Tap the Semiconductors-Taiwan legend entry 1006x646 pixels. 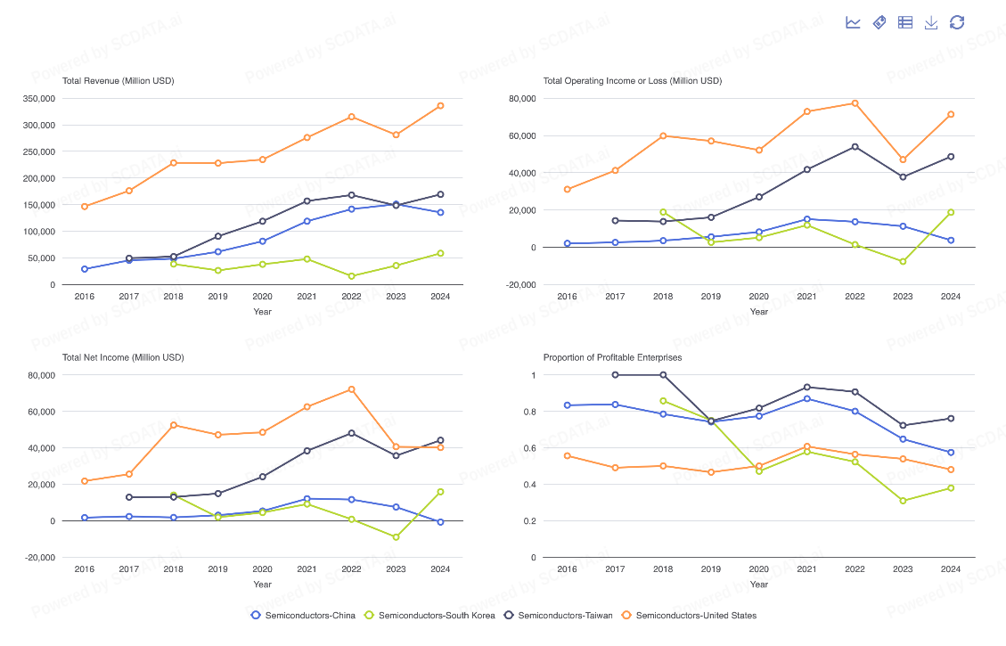(558, 615)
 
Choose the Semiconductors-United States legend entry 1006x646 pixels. (689, 615)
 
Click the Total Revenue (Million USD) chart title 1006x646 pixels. (119, 81)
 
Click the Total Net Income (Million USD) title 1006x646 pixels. (123, 357)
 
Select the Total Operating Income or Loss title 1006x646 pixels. (633, 81)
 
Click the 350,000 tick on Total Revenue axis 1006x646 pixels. (38, 98)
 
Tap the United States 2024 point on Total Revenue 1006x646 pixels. (440, 106)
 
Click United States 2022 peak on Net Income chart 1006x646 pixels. (351, 389)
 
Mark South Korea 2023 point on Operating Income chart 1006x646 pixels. (903, 261)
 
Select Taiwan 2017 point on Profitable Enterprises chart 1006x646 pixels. (615, 375)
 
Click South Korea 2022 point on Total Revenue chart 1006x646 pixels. (351, 276)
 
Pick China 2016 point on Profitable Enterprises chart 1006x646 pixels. (567, 405)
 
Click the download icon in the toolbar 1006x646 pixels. (931, 22)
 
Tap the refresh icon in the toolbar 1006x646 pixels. (957, 22)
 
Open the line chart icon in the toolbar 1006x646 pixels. (853, 22)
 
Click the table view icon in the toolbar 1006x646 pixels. (905, 22)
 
